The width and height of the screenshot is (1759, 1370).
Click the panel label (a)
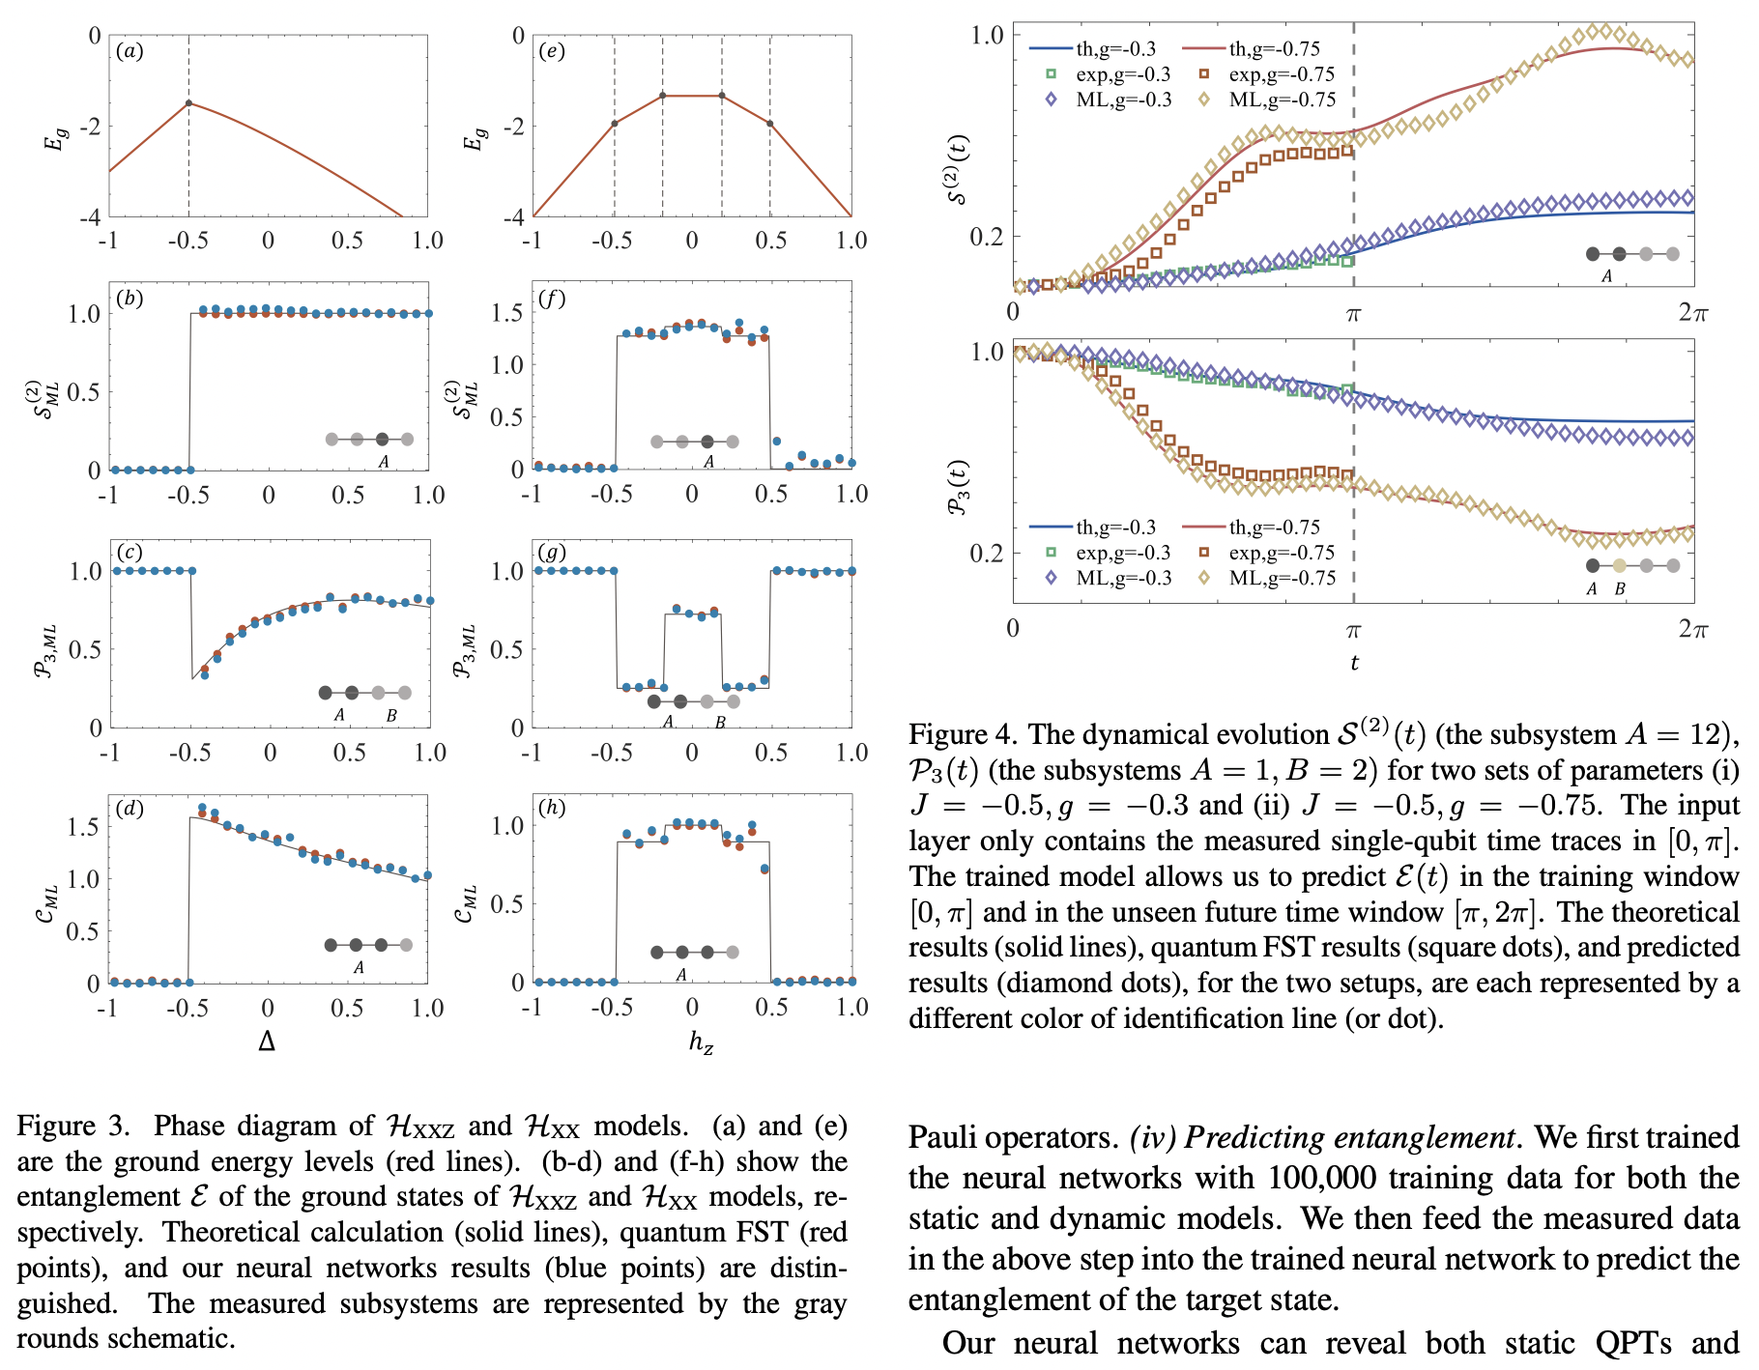(x=130, y=51)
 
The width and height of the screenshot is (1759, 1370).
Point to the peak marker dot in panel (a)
(x=188, y=102)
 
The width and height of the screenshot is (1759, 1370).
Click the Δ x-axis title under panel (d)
(x=267, y=1042)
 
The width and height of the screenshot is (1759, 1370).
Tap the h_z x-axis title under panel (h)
(x=701, y=1042)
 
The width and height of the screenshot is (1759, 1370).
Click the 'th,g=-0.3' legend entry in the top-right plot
(x=1115, y=48)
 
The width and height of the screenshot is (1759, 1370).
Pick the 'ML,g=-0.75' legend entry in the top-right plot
(x=1282, y=100)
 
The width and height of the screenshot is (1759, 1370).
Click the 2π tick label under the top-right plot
(x=1692, y=312)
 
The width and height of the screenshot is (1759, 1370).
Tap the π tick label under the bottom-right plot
(x=1353, y=630)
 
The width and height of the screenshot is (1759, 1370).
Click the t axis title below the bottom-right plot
(x=1354, y=663)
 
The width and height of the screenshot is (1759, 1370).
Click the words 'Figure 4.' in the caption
(x=963, y=735)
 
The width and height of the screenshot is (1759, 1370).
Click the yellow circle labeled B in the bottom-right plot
(x=1620, y=566)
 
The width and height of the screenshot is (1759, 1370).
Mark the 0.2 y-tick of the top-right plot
(x=987, y=236)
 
